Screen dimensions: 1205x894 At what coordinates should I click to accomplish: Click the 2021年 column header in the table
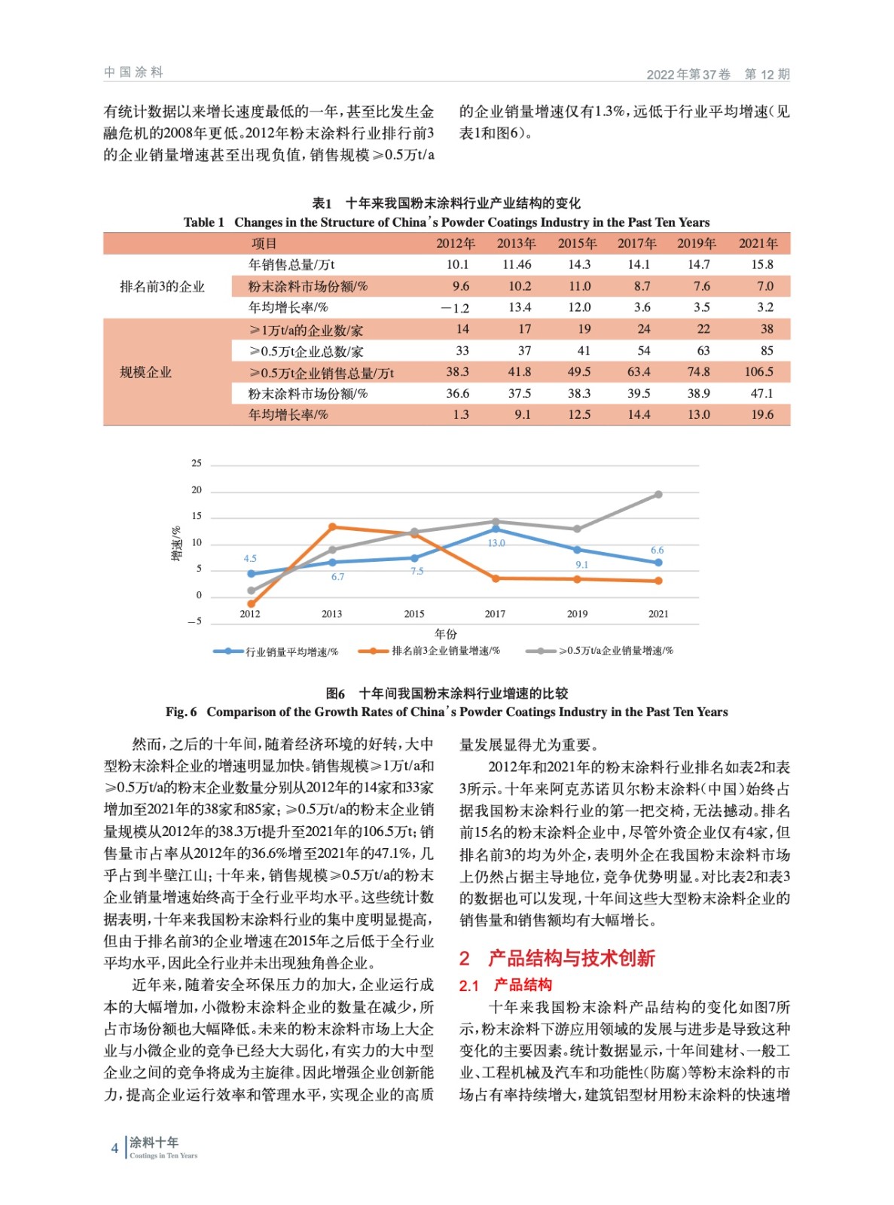(x=758, y=243)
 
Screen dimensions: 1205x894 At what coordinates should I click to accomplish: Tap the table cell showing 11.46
(x=517, y=264)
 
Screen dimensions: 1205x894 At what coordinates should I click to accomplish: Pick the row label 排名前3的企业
(x=162, y=286)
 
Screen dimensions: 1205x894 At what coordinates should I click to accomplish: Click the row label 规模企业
(x=145, y=372)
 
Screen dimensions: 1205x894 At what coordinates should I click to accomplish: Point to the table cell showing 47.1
(x=761, y=393)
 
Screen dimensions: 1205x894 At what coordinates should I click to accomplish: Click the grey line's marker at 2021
(x=658, y=495)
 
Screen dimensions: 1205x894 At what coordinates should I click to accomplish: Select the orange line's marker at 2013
(x=332, y=526)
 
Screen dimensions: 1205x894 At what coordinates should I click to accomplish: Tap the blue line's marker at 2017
(x=496, y=529)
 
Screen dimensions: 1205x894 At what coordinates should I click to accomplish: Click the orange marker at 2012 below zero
(x=251, y=604)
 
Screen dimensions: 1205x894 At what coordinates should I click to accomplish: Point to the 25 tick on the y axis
(x=196, y=464)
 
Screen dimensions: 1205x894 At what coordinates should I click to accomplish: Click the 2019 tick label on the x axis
(x=577, y=614)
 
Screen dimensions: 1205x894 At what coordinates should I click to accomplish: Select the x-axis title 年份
(x=446, y=633)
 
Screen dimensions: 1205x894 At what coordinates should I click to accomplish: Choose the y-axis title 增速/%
(x=177, y=543)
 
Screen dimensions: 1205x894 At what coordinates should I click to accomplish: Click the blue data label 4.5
(x=250, y=559)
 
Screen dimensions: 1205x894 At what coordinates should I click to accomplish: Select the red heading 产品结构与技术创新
(x=572, y=958)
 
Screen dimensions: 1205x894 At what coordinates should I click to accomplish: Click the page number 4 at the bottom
(x=114, y=1149)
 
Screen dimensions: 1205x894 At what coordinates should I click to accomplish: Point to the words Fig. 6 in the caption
(x=182, y=712)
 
